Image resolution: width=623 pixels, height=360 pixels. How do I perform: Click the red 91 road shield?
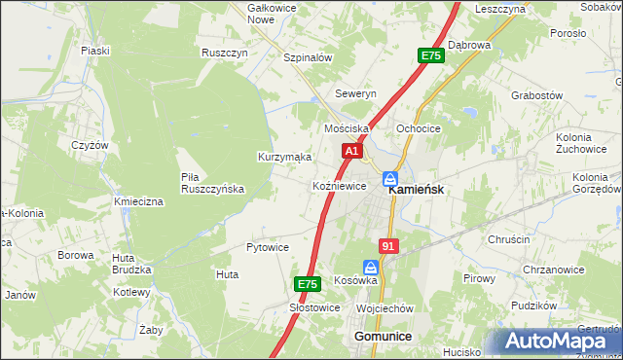tap(389, 247)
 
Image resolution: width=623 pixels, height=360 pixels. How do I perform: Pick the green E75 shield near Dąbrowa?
tap(431, 56)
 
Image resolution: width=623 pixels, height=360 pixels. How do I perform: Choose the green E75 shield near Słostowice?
tap(308, 284)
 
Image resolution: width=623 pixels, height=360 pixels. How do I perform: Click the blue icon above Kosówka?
tap(371, 266)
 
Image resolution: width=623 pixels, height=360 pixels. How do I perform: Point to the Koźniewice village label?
tap(339, 186)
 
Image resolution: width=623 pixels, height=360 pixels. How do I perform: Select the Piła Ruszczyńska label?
tap(212, 183)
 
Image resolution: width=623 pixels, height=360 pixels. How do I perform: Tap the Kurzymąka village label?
tap(284, 157)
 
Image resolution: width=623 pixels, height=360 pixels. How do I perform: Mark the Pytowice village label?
tap(268, 247)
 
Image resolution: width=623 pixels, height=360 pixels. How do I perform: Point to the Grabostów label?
tap(537, 95)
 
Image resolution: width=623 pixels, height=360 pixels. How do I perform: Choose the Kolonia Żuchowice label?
tap(581, 144)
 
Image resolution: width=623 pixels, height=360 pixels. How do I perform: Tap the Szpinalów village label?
tap(308, 57)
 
